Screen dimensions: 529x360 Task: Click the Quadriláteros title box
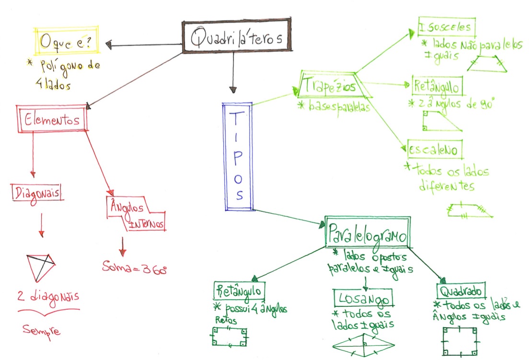(x=237, y=35)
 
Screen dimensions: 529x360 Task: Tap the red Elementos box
(x=52, y=118)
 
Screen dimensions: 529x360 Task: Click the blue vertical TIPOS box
(x=238, y=157)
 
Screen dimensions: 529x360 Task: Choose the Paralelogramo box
(x=368, y=232)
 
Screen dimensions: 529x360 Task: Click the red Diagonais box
(x=37, y=193)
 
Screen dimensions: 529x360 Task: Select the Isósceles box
(x=447, y=27)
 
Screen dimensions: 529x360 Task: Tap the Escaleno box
(x=435, y=150)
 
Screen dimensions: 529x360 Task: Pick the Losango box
(x=363, y=298)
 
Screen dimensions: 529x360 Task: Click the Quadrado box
(x=461, y=290)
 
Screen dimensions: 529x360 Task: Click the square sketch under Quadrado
(x=460, y=341)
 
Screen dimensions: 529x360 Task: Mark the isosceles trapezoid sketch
(x=487, y=64)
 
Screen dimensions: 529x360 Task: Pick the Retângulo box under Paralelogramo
(x=239, y=290)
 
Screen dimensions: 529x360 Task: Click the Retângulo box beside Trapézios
(x=437, y=86)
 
